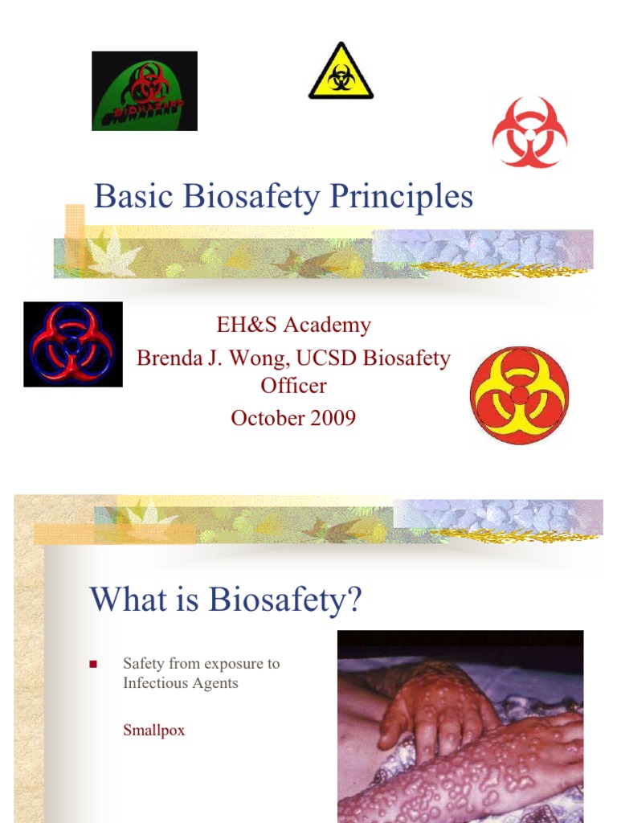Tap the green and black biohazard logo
pyautogui.click(x=145, y=91)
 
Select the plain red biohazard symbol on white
pyautogui.click(x=529, y=133)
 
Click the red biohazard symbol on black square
pyautogui.click(x=73, y=344)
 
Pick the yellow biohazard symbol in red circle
pyautogui.click(x=519, y=395)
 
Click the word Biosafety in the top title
pyautogui.click(x=250, y=197)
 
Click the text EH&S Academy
pyautogui.click(x=293, y=326)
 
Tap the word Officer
pyautogui.click(x=293, y=386)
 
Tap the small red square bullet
pyautogui.click(x=92, y=665)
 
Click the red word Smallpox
pyautogui.click(x=153, y=731)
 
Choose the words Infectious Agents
pyautogui.click(x=181, y=683)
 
